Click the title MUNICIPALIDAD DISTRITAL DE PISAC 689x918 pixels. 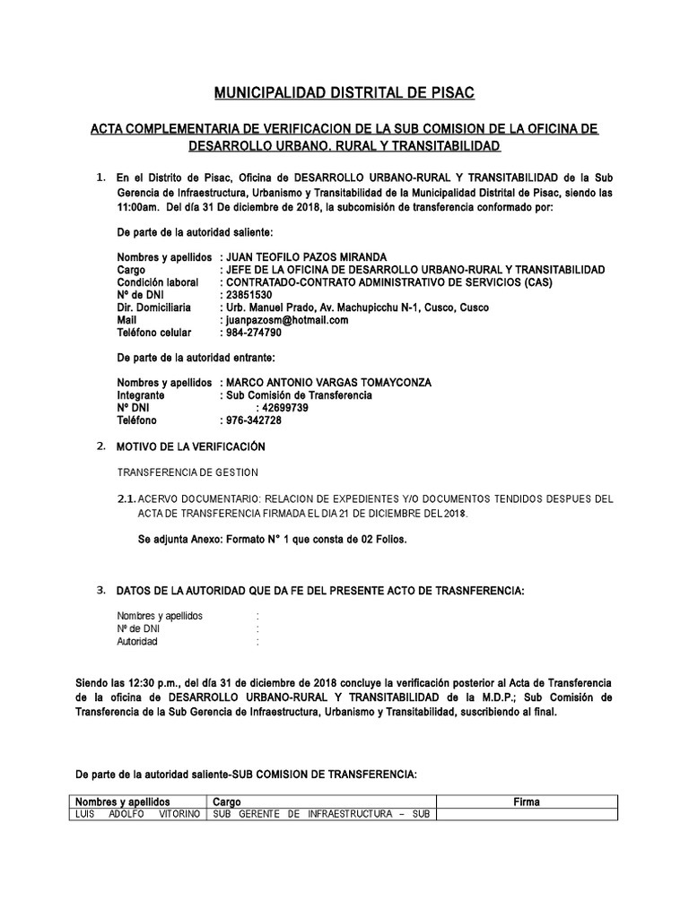click(x=344, y=92)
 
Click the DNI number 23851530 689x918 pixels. click(x=246, y=295)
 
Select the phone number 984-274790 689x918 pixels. click(x=250, y=333)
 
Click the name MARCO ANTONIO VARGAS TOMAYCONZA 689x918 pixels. click(x=330, y=383)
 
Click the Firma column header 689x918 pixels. click(x=527, y=801)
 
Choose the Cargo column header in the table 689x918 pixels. click(x=227, y=801)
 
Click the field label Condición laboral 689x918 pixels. click(x=157, y=282)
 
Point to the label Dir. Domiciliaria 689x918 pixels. click(x=153, y=307)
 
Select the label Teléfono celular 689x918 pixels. click(x=154, y=333)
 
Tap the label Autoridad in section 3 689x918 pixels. click(x=137, y=642)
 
